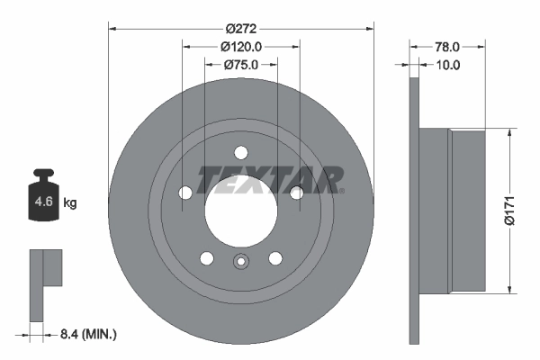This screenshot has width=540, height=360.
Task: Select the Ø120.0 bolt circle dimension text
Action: (240, 46)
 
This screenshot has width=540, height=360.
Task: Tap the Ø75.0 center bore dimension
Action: (240, 65)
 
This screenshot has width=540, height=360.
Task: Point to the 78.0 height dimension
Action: (448, 46)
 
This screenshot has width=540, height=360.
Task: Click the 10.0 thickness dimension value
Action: (448, 65)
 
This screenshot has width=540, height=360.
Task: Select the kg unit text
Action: (69, 203)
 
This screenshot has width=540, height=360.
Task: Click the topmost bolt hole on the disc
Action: (240, 152)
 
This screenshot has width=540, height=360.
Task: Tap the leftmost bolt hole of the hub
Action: (185, 193)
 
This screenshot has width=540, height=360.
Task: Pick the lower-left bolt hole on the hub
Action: (207, 258)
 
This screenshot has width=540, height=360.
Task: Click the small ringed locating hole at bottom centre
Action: (240, 263)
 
